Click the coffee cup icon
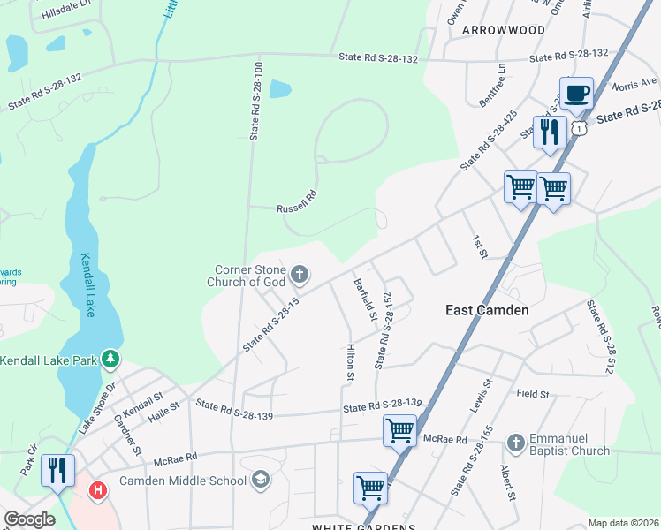[x=576, y=93]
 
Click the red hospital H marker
[x=98, y=488]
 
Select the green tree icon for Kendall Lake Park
[x=110, y=360]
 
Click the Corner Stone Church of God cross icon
[x=300, y=275]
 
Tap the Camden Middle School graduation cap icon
[x=260, y=481]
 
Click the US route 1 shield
[x=579, y=128]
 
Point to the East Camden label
[x=487, y=310]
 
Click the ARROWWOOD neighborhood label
[x=504, y=29]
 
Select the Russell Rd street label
[x=296, y=201]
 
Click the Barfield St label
[x=366, y=299]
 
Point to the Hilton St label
[x=350, y=362]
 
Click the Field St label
[x=533, y=393]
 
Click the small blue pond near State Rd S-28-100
[x=279, y=89]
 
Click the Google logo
[x=30, y=519]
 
